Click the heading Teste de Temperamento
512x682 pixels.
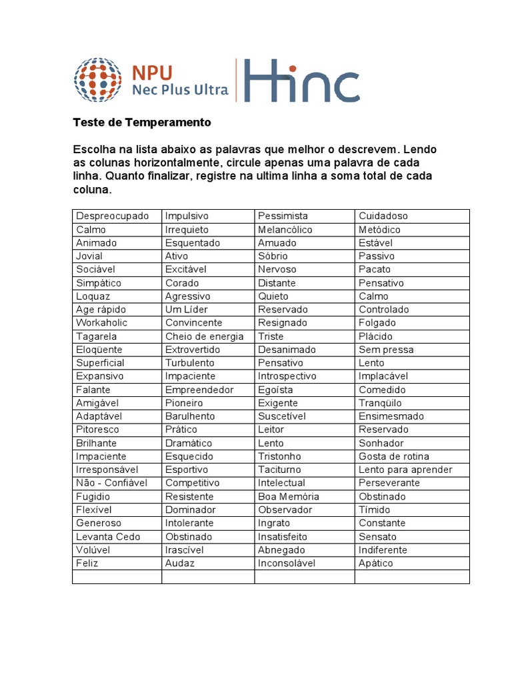tap(141, 123)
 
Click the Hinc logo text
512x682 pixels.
tap(301, 81)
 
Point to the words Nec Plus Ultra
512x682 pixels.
tap(180, 89)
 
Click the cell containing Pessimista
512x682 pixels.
tap(283, 216)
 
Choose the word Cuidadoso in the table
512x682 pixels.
tap(383, 216)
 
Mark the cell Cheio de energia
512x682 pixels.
tap(204, 336)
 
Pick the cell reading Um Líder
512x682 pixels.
tap(186, 309)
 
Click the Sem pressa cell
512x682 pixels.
tap(386, 350)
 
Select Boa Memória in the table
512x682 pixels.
tap(288, 496)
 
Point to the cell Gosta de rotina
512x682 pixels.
tap(393, 456)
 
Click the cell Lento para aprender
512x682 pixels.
tap(405, 470)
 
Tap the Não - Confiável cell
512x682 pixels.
tap(111, 483)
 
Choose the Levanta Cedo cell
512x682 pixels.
tap(108, 536)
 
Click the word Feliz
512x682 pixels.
tap(87, 563)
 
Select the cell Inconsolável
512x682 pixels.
tap(287, 563)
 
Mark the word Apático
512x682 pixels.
tap(376, 563)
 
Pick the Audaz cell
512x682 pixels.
tap(180, 563)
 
